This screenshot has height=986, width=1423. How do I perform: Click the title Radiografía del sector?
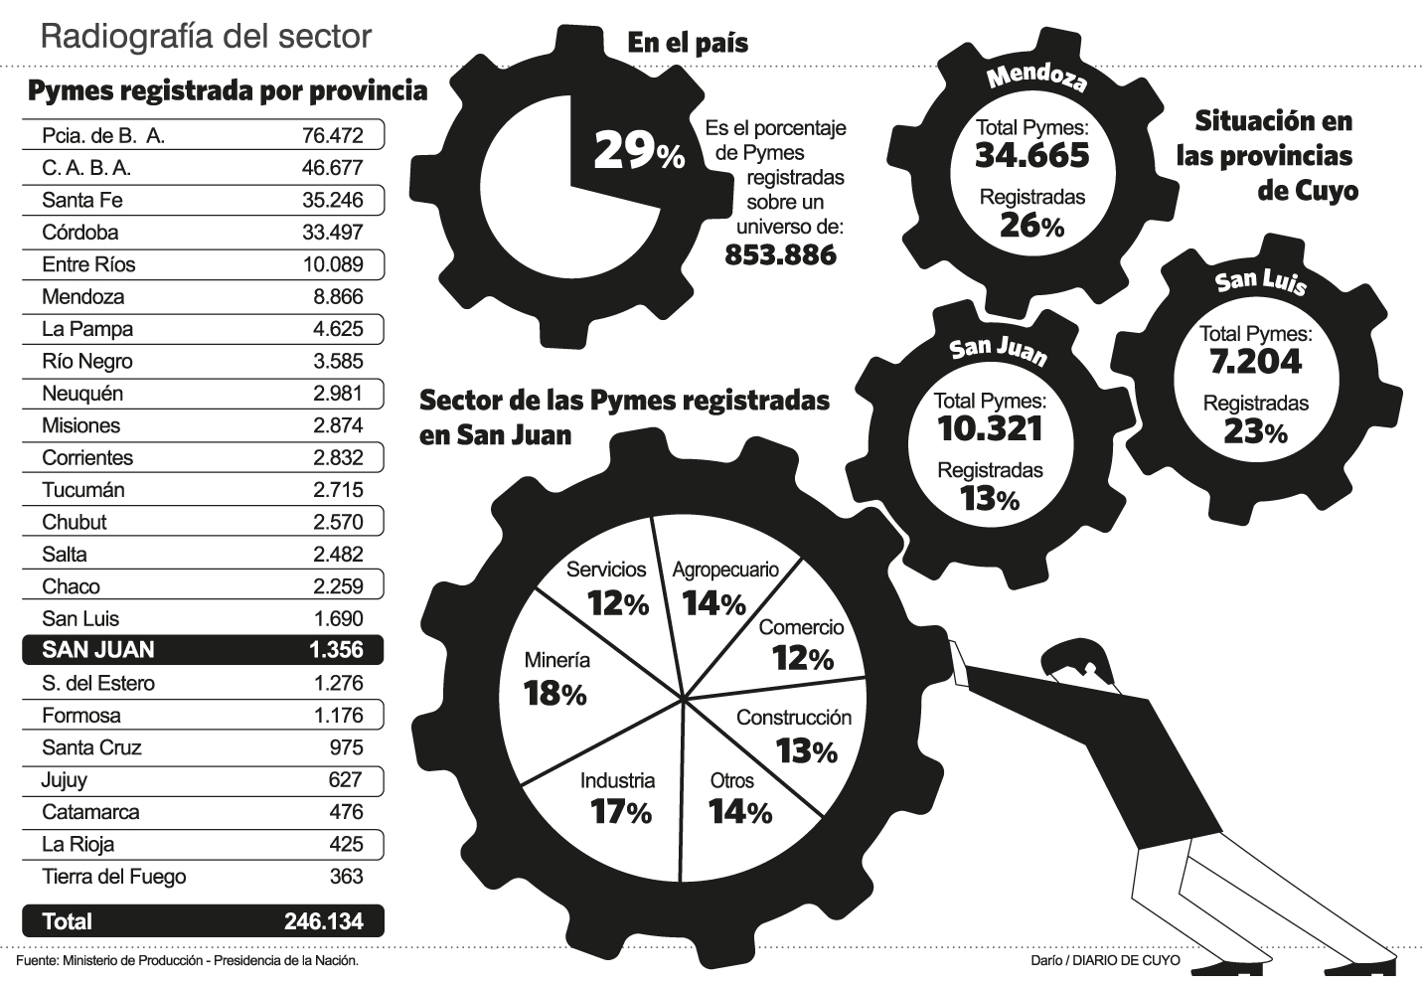(x=206, y=37)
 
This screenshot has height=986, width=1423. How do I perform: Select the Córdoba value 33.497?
(x=332, y=233)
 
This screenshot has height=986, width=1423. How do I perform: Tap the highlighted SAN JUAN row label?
(x=97, y=650)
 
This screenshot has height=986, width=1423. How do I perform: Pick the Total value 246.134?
(x=323, y=921)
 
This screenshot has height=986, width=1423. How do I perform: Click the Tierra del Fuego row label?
(x=113, y=877)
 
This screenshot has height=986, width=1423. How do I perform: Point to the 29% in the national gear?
(x=639, y=151)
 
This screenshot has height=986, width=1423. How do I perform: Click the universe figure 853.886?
(x=780, y=254)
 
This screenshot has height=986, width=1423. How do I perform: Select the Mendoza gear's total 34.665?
(x=1031, y=155)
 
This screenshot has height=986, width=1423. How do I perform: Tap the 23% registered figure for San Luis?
(x=1255, y=431)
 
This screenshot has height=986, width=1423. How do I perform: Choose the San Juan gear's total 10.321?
(x=990, y=428)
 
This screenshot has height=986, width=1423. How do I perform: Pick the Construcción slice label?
(x=794, y=718)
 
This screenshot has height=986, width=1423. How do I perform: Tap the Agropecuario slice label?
(x=725, y=571)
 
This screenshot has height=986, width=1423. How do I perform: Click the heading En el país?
(x=688, y=43)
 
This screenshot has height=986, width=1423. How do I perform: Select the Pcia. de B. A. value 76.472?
(x=332, y=135)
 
